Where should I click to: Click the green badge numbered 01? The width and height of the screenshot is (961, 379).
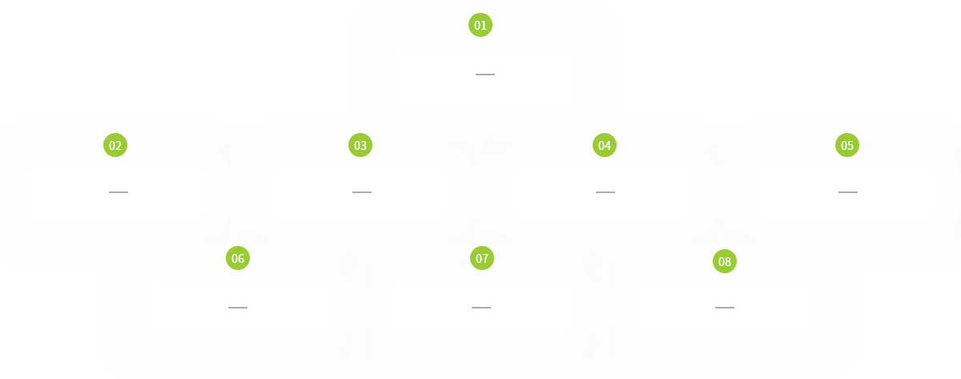pos(480,26)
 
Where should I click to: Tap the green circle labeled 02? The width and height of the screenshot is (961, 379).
pos(115,146)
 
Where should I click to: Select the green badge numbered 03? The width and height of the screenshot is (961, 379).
pos(360,146)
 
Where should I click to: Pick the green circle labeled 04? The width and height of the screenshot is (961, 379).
pos(604,146)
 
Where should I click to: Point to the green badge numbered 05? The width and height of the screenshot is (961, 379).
pos(847,146)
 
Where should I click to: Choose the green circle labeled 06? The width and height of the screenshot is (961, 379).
pos(238,259)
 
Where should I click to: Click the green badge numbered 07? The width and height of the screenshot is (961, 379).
pos(482,259)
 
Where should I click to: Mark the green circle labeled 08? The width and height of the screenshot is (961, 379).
pos(725,262)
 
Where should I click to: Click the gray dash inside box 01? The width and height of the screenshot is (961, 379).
pos(485,75)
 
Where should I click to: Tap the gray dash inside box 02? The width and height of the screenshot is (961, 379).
pos(118,192)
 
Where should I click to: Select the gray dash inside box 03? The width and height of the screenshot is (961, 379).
pos(361,192)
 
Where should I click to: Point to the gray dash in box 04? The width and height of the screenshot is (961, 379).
pos(605,192)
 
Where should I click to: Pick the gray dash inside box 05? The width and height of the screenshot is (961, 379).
pos(847,192)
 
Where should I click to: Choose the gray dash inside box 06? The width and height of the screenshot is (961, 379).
pos(237,308)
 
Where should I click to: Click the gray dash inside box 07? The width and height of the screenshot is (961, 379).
pos(480,308)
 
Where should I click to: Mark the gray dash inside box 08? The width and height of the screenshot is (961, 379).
pos(724,308)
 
